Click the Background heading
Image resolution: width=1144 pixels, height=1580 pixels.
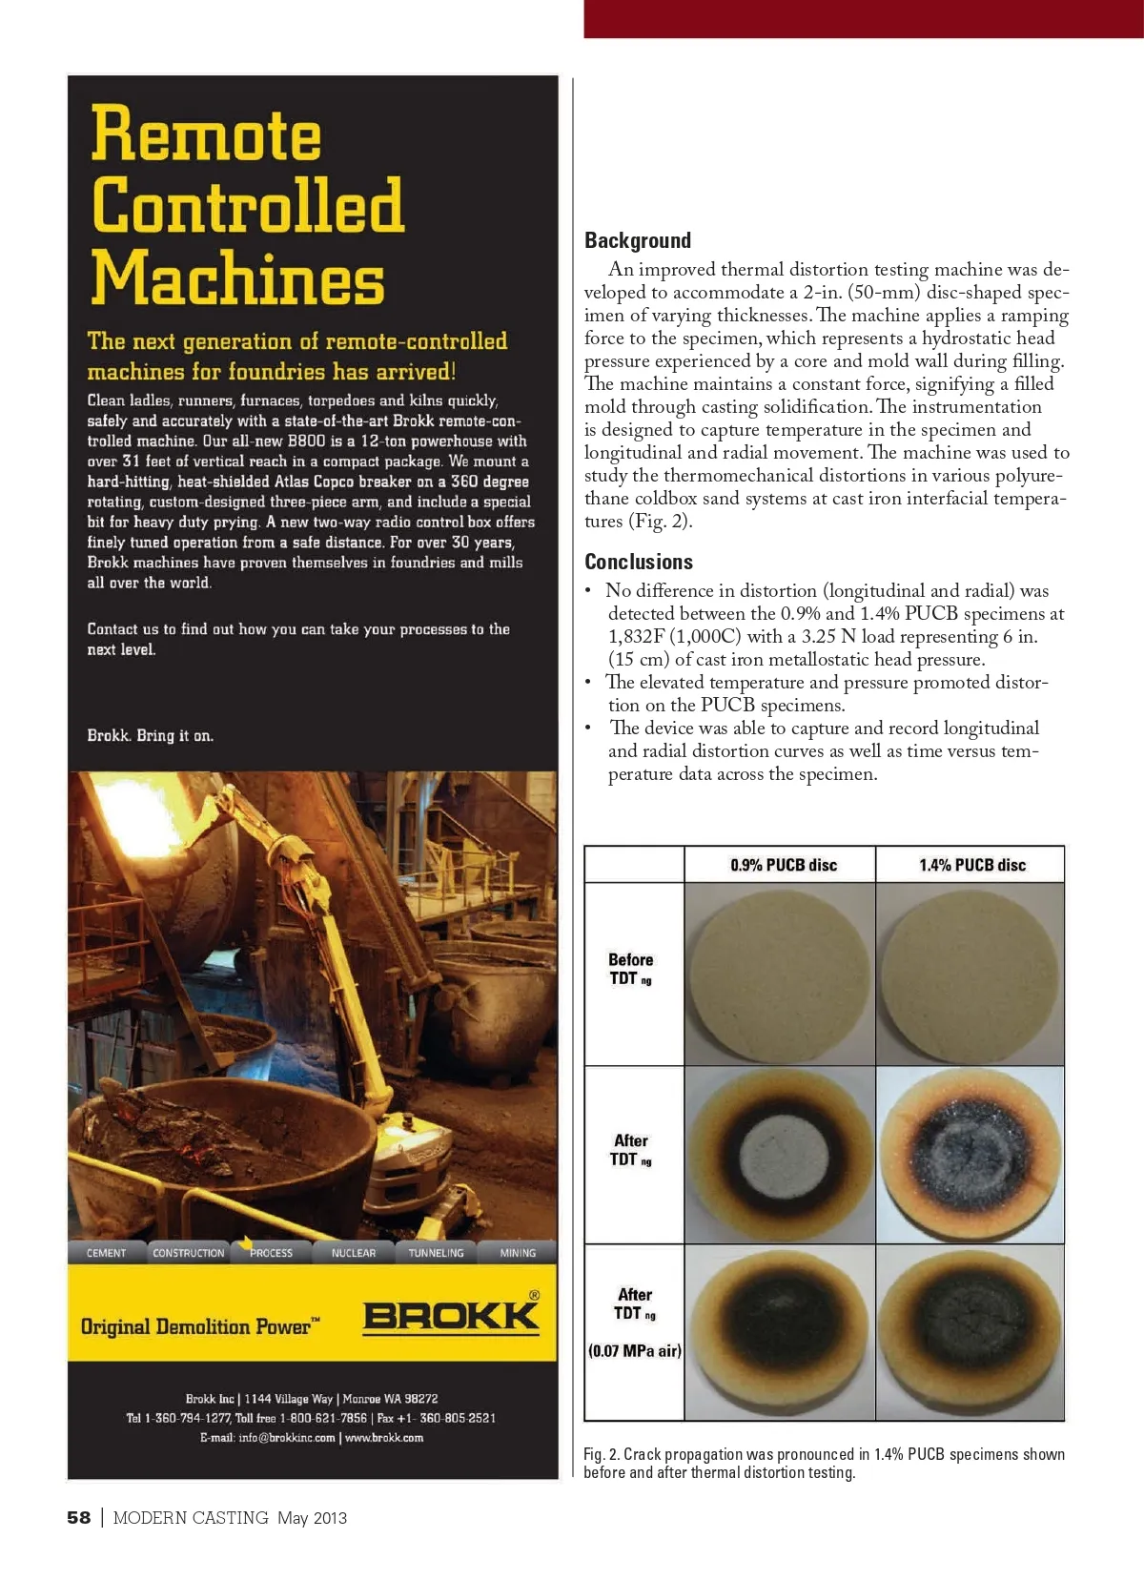(638, 240)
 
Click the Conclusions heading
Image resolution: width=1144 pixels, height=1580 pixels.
(639, 562)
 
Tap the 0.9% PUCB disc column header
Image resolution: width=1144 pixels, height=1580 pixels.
(784, 865)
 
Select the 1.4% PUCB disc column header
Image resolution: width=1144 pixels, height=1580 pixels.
(971, 865)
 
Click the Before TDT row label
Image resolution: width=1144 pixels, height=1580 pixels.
(630, 969)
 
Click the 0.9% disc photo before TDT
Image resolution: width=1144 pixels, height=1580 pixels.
(780, 975)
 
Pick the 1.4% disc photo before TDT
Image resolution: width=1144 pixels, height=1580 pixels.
(970, 975)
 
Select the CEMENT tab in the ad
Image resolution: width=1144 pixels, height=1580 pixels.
(107, 1253)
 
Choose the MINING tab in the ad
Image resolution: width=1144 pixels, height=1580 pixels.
(518, 1253)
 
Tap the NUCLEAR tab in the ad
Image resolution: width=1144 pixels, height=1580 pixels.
(354, 1253)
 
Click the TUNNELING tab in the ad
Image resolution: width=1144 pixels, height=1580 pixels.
(436, 1253)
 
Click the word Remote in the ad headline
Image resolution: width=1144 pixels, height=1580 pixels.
(207, 134)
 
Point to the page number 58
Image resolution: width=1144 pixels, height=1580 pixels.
(79, 1517)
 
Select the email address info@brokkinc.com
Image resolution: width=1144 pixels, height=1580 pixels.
(286, 1438)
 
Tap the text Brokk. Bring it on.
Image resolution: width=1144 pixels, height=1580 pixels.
(151, 736)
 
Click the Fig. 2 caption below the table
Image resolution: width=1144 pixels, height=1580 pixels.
(824, 1463)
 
